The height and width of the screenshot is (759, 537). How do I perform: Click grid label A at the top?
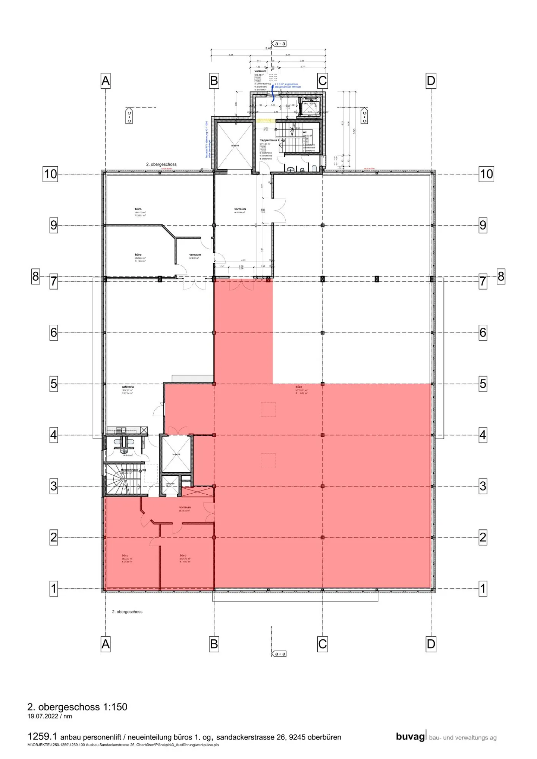click(x=106, y=81)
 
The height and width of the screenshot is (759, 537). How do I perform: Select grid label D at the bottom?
click(x=431, y=644)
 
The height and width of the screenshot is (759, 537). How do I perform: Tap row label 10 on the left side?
click(x=50, y=174)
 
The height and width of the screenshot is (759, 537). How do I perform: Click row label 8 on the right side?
click(x=501, y=277)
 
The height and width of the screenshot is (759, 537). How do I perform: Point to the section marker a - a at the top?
click(x=279, y=44)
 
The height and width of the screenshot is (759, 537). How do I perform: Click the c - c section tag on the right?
click(x=364, y=116)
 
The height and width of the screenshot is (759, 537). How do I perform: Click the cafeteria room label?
click(x=128, y=387)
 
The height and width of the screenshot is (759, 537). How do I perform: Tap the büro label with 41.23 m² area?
click(x=138, y=210)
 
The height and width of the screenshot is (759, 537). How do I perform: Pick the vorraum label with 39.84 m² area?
click(x=240, y=210)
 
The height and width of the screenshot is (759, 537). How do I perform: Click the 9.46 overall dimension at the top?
click(x=268, y=48)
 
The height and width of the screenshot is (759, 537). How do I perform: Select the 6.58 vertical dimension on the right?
click(x=354, y=131)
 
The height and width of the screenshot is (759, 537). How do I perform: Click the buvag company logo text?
click(x=410, y=737)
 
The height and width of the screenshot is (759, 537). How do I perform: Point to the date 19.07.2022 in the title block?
click(x=43, y=716)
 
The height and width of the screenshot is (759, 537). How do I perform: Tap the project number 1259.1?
click(x=42, y=737)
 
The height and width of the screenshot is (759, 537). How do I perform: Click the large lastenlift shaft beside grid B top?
click(x=235, y=145)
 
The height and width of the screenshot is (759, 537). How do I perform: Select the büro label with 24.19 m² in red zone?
click(x=183, y=555)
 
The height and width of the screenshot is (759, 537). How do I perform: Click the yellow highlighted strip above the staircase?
click(x=266, y=120)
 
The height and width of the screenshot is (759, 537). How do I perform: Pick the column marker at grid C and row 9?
click(x=323, y=225)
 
